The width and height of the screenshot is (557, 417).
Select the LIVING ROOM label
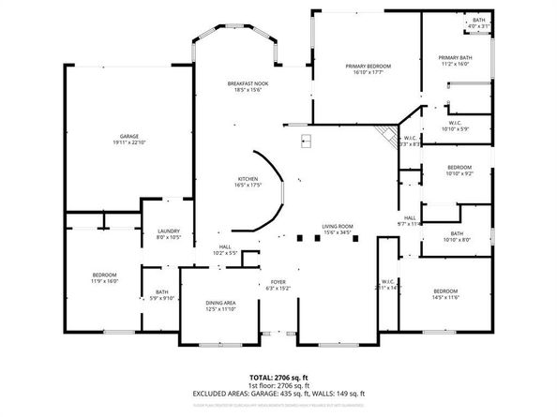tap(337, 228)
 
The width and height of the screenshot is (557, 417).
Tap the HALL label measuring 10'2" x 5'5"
tap(224, 249)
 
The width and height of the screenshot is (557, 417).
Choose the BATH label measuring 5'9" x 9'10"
tap(162, 294)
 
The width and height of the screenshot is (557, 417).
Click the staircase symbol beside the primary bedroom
tap(384, 133)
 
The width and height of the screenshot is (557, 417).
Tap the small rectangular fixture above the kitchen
tap(307, 142)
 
